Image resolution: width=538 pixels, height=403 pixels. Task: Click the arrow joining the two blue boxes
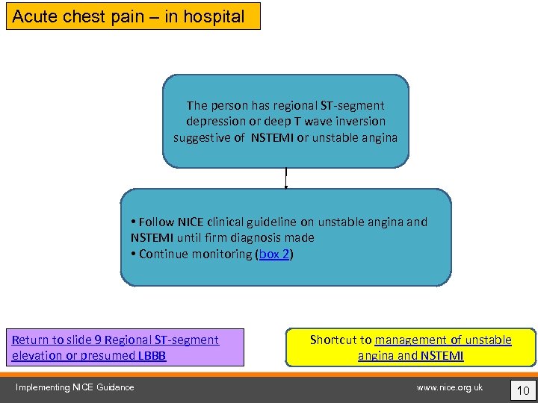pos(285,178)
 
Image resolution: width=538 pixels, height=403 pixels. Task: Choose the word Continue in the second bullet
pos(164,254)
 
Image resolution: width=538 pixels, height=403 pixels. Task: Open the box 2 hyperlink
pos(274,254)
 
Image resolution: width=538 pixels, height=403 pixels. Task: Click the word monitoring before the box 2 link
pos(222,254)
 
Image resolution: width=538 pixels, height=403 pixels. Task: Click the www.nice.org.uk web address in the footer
pos(450,387)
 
